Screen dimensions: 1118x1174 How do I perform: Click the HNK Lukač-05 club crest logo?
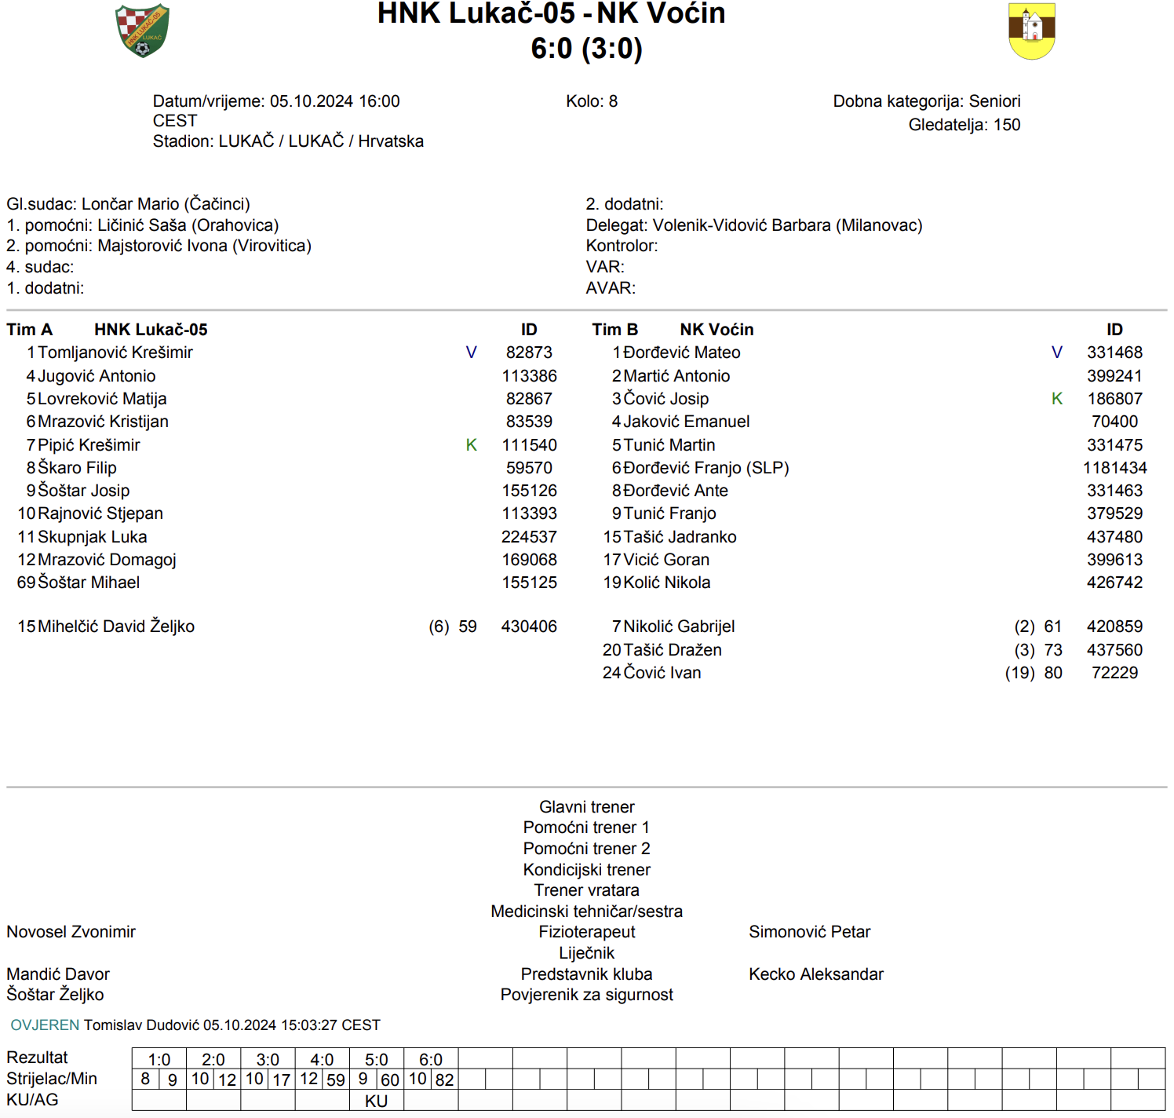tap(142, 31)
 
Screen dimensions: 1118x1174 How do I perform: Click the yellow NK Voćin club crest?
tap(1031, 31)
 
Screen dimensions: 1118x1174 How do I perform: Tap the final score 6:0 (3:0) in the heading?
tap(586, 49)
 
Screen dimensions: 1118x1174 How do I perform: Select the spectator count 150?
tap(1007, 125)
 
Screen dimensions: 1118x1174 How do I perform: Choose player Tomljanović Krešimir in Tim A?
tap(115, 353)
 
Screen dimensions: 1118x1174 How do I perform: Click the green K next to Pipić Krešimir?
tap(471, 445)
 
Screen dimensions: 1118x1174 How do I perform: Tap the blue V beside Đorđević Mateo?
tap(1056, 353)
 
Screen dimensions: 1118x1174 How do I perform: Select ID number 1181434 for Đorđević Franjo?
tap(1114, 468)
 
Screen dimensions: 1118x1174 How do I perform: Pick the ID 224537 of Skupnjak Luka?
tap(529, 537)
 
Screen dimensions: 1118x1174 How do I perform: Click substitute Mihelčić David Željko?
tap(116, 627)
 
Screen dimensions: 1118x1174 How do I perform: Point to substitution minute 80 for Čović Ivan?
tap(1053, 673)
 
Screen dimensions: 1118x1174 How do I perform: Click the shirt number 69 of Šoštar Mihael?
tap(26, 583)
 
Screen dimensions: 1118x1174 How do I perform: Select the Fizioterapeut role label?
tap(586, 932)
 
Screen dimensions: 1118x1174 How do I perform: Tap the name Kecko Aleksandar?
tap(815, 974)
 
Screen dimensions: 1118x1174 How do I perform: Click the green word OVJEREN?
tap(45, 1025)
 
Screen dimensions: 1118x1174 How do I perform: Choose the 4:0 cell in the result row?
tap(322, 1060)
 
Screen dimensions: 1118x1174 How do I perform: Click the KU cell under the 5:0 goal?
tap(376, 1101)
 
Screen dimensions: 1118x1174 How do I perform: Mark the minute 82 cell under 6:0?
tap(444, 1080)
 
